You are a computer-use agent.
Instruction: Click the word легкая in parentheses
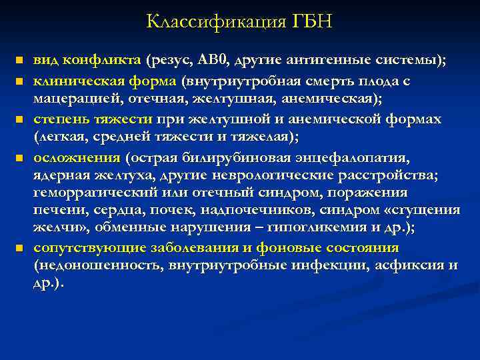61,137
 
